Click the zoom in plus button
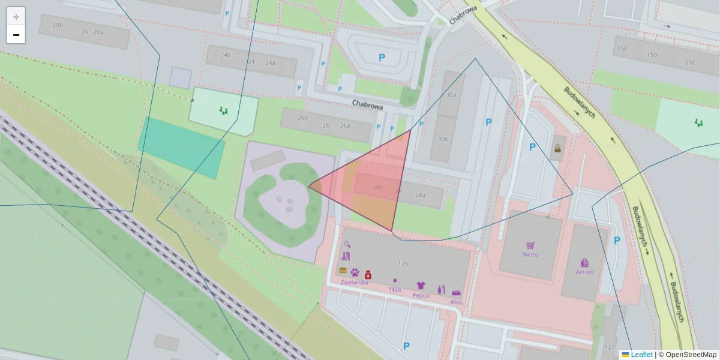(16, 17)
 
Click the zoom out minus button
(16, 35)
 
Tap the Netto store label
(530, 254)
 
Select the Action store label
(584, 272)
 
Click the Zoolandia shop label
(354, 281)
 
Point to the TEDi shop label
(395, 289)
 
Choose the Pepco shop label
(421, 295)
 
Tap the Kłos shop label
(456, 302)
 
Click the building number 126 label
(403, 263)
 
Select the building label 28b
(377, 187)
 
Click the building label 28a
(420, 194)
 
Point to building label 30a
(451, 95)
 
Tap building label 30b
(443, 139)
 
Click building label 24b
(226, 55)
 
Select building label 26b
(304, 118)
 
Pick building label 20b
(58, 25)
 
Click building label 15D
(652, 55)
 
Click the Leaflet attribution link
(641, 355)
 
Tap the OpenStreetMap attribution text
(691, 355)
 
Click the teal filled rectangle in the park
(182, 148)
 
